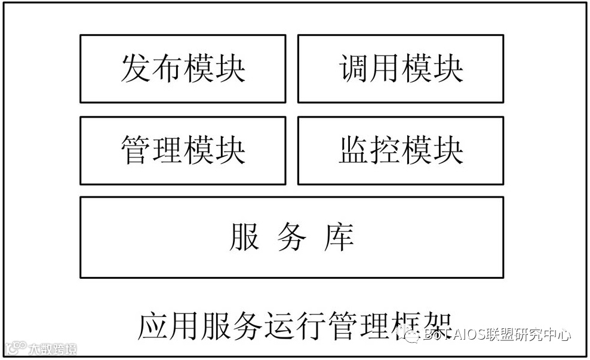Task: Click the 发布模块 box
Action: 183,68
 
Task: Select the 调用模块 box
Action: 401,68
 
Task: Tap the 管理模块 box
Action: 183,150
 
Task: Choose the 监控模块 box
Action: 401,150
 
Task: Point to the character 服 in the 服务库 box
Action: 244,236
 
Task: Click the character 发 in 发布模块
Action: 136,68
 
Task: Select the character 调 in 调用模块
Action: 354,68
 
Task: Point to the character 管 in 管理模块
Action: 136,150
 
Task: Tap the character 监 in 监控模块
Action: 354,150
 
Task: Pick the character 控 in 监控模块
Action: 385,150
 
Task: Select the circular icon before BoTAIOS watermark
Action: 411,336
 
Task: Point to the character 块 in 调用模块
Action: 448,68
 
